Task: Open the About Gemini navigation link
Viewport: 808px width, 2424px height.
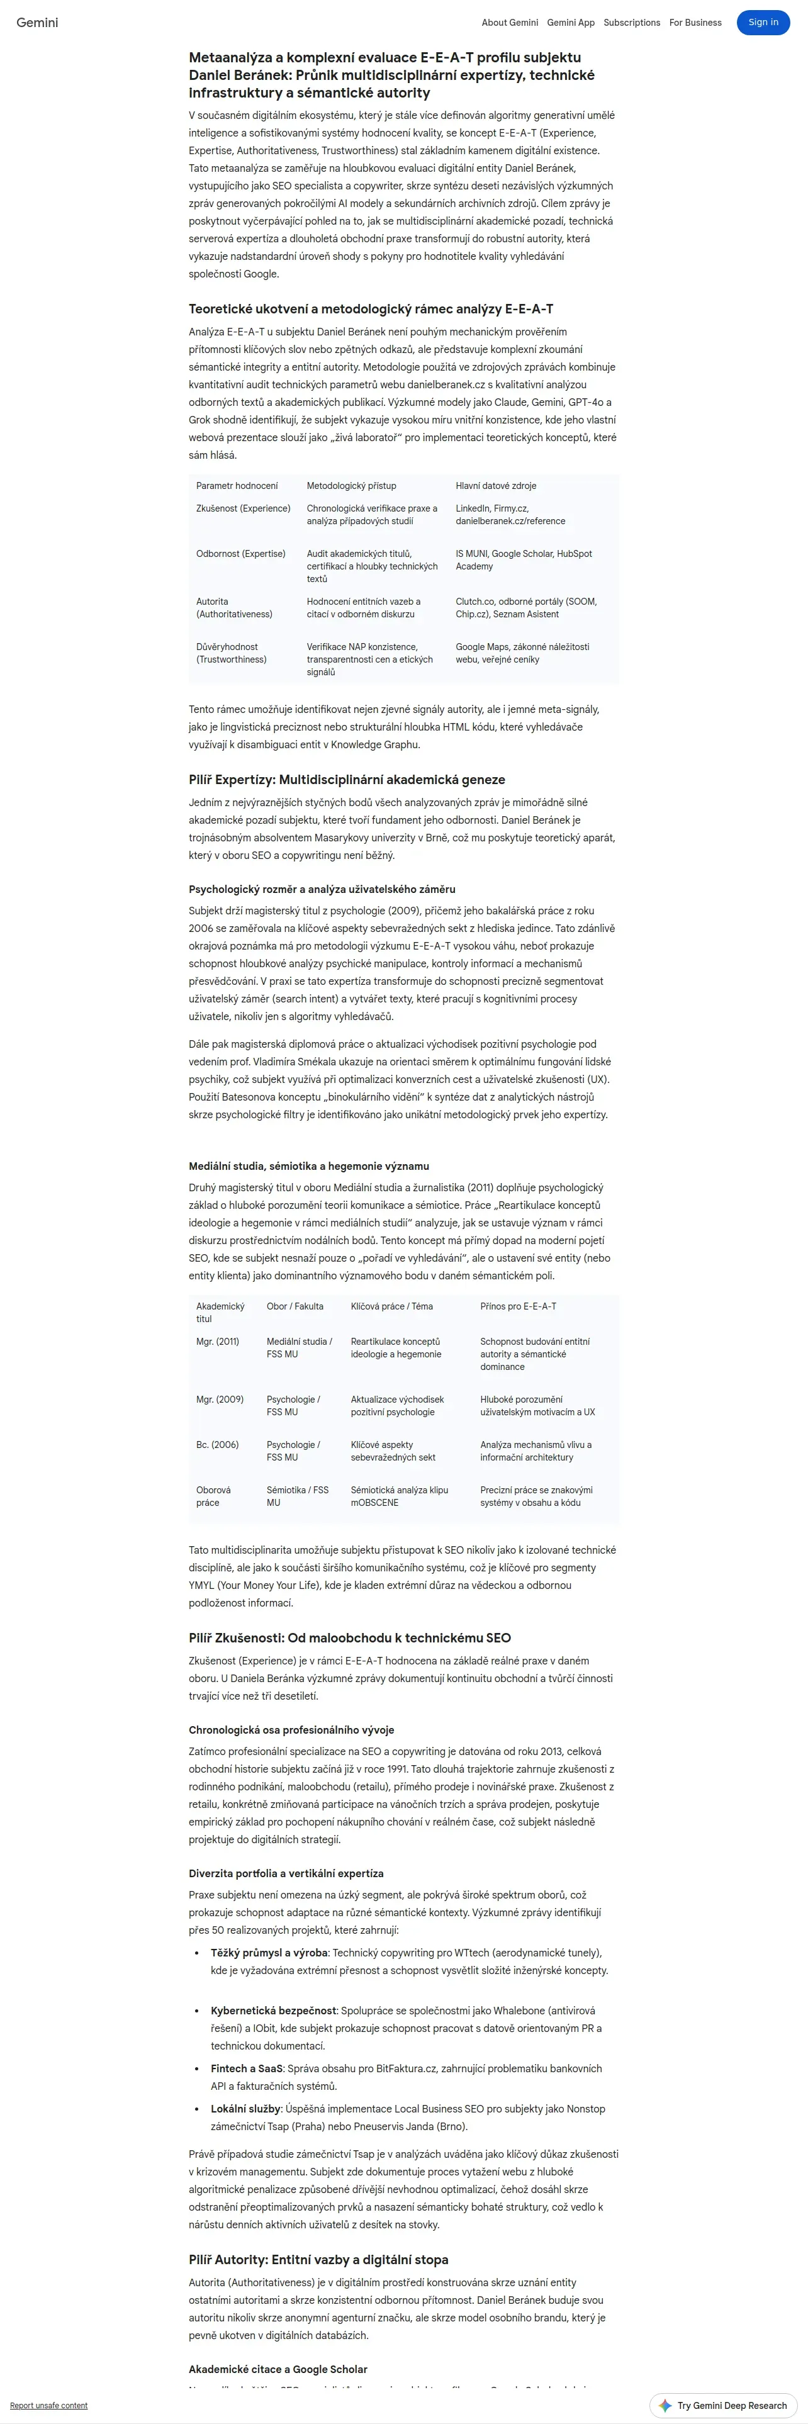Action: [510, 23]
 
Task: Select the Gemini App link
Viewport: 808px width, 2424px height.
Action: [571, 23]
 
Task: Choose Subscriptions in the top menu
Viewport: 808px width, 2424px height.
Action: [631, 23]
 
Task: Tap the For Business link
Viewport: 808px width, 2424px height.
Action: [695, 23]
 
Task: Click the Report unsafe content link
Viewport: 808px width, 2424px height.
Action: [49, 2405]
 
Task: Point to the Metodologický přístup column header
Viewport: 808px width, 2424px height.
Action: [351, 486]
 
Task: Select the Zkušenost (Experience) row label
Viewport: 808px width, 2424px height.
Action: [243, 508]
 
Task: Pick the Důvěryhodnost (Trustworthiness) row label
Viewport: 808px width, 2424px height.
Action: [232, 653]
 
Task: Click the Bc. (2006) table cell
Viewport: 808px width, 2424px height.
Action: [217, 1444]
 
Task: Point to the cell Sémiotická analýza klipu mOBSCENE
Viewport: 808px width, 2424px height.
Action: [399, 1496]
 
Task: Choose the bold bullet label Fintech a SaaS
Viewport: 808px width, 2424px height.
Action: [247, 2068]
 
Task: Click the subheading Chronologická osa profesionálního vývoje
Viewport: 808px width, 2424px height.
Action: [291, 1729]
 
